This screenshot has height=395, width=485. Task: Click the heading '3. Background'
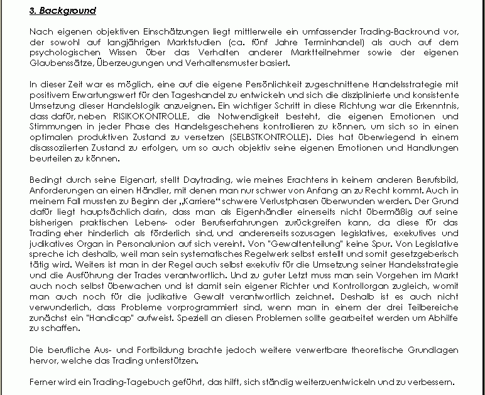pos(63,11)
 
